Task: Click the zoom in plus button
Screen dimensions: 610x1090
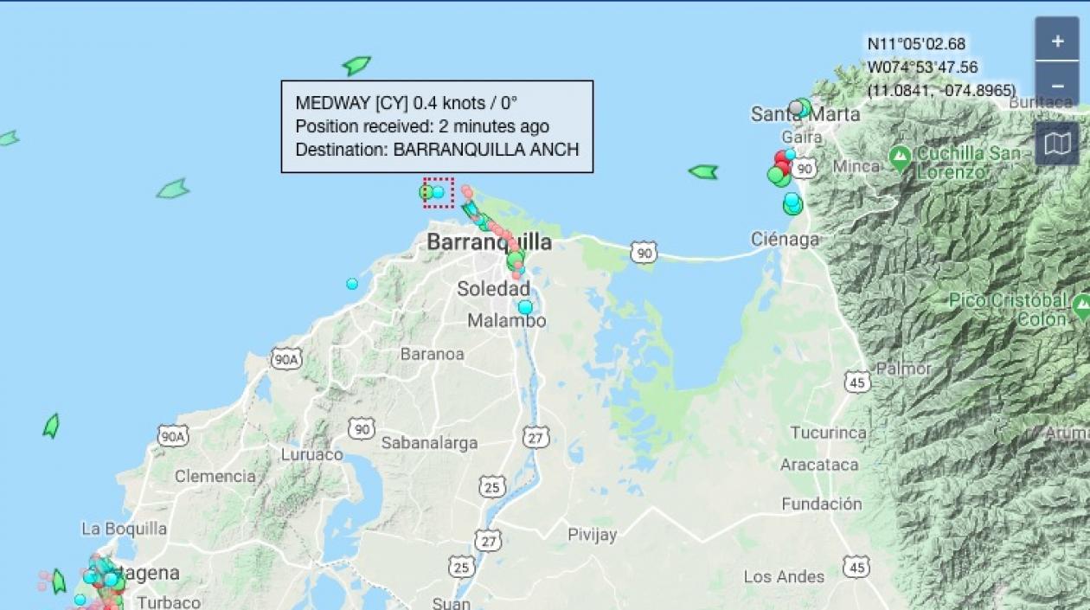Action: [1057, 41]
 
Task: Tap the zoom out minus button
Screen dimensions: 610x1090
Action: [1057, 87]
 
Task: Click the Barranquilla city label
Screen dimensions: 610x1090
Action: [489, 242]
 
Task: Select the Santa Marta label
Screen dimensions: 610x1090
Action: [805, 114]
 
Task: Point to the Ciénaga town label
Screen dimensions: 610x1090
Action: [785, 240]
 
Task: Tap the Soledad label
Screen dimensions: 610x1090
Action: [493, 289]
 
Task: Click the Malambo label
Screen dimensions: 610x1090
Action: [507, 321]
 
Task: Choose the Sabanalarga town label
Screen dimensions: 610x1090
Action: [429, 443]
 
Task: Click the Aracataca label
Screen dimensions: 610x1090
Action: [819, 465]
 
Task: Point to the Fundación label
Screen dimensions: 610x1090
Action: [822, 504]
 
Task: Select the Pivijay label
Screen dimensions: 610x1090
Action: [593, 535]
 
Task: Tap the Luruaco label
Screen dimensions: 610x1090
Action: [311, 454]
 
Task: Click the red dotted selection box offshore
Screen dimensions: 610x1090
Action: [439, 192]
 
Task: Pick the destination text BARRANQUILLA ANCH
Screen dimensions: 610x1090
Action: [486, 149]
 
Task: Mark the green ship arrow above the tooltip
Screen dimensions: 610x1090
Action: [356, 65]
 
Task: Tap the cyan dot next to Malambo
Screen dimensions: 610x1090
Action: [525, 307]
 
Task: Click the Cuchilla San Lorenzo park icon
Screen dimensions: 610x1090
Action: [901, 157]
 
